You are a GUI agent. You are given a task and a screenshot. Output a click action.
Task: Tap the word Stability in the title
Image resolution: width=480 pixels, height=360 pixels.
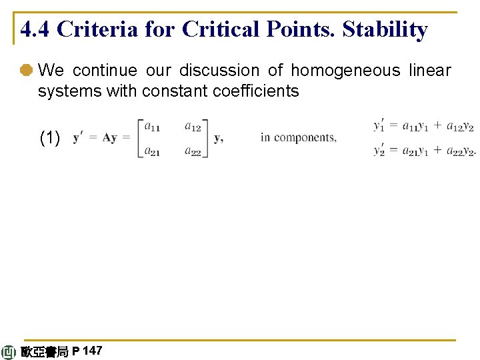click(385, 30)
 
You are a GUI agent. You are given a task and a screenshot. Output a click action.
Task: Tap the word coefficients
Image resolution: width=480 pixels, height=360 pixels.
click(258, 91)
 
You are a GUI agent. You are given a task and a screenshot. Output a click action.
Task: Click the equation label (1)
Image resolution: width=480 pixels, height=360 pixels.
click(50, 138)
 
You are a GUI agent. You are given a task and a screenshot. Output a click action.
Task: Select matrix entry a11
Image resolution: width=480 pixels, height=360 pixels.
click(153, 126)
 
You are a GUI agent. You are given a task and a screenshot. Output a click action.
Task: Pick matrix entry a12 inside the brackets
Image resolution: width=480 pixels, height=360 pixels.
click(193, 126)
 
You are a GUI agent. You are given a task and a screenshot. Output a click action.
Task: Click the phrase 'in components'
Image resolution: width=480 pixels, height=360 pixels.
click(298, 138)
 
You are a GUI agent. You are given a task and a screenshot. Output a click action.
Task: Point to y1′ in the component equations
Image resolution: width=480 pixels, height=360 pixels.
click(379, 125)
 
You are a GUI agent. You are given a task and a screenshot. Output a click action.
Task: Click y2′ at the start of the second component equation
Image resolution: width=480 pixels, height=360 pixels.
click(379, 151)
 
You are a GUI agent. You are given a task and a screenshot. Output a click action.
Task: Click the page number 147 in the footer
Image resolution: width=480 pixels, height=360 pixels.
click(93, 351)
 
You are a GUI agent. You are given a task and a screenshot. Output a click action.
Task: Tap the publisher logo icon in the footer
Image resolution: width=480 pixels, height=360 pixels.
click(9, 352)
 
